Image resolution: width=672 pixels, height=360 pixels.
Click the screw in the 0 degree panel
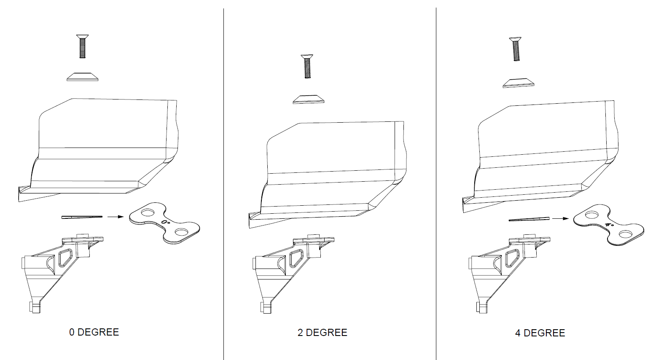(82, 46)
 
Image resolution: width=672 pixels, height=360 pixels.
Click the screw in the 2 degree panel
(307, 66)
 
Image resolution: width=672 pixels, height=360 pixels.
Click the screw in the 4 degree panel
(516, 49)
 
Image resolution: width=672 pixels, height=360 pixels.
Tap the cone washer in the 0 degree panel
(82, 76)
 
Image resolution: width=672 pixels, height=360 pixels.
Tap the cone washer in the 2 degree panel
(309, 99)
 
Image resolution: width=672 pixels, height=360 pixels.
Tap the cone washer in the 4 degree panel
(519, 83)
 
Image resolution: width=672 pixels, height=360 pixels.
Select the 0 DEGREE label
(94, 332)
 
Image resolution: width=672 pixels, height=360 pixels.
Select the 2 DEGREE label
(322, 333)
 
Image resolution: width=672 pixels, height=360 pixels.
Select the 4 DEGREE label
(540, 333)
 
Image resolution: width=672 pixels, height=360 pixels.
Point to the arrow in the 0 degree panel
(116, 217)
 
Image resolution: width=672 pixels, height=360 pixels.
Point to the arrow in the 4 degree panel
(560, 218)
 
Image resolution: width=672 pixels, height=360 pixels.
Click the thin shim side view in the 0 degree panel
(82, 217)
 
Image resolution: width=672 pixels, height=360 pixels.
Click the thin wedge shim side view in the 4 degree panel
(529, 219)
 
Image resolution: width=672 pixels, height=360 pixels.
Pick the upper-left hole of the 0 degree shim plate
(147, 213)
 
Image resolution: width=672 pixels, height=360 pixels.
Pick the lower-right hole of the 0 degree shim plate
(182, 232)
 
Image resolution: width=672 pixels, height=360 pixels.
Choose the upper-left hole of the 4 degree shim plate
(591, 215)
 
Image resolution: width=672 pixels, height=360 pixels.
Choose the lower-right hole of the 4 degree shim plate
(626, 234)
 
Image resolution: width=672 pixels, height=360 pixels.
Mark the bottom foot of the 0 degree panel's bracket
(35, 307)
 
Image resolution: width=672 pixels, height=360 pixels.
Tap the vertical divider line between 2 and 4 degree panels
(436, 184)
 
